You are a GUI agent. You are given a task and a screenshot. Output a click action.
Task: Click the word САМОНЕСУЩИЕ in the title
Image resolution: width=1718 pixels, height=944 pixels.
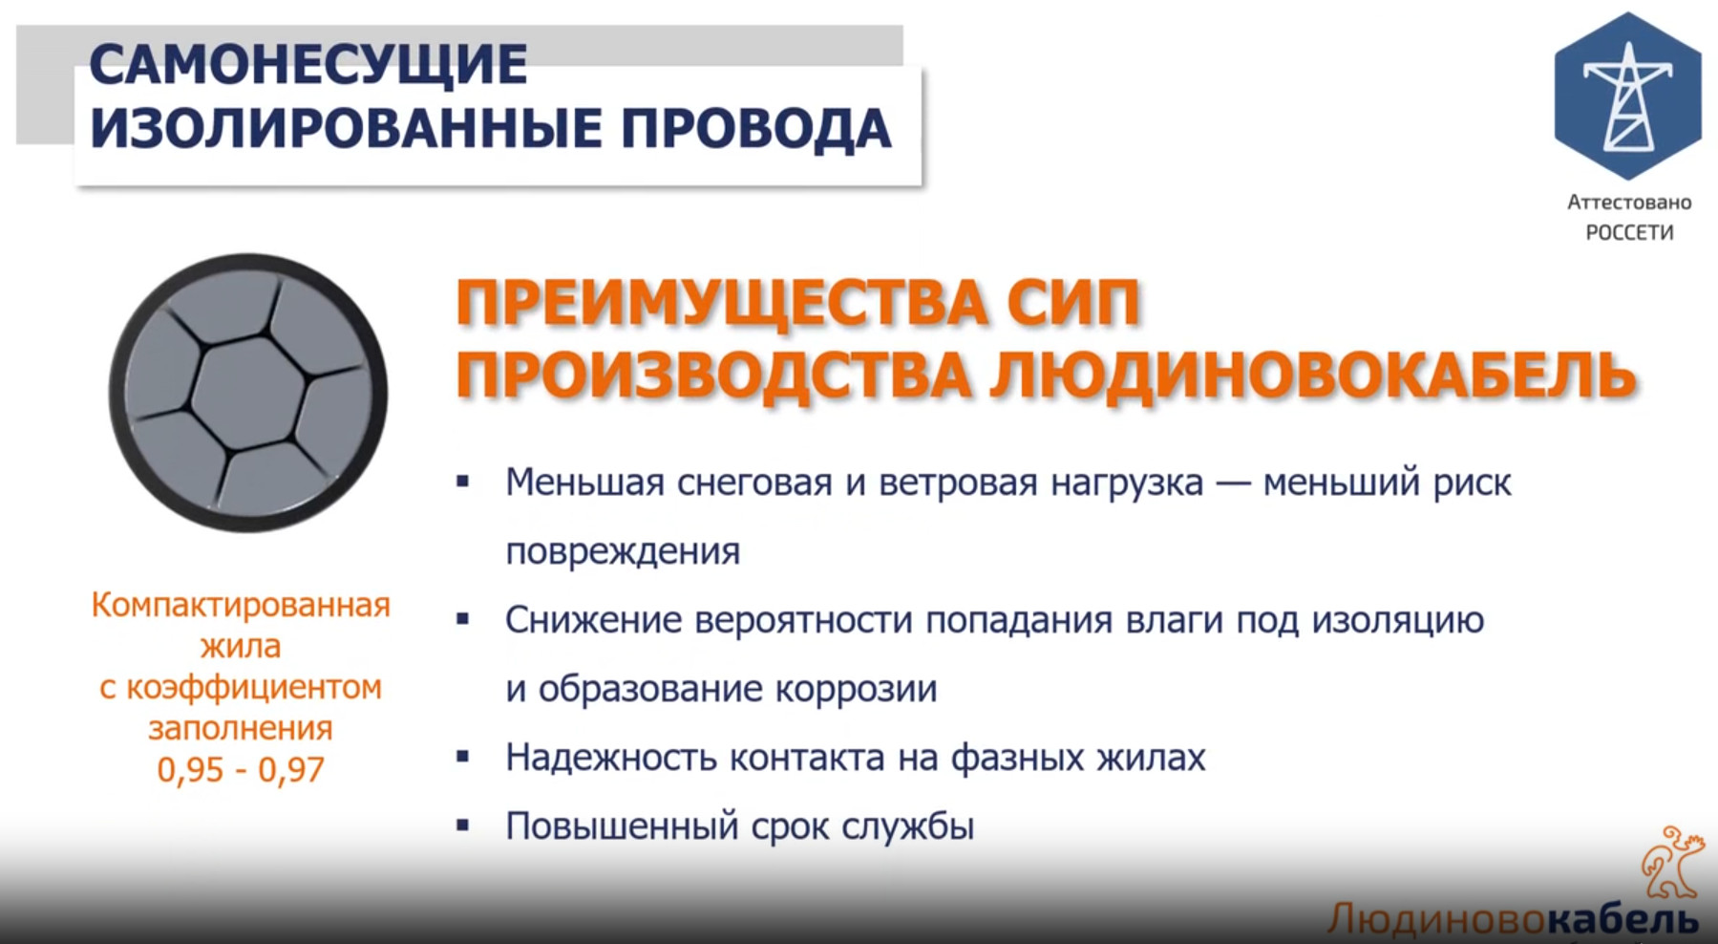308,65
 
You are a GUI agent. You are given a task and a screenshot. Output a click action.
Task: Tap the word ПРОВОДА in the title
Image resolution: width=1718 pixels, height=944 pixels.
756,129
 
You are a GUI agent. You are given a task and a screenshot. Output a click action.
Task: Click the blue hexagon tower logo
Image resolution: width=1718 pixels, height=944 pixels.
1627,96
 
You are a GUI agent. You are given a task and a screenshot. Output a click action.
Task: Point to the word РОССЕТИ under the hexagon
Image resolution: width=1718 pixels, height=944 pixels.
1629,233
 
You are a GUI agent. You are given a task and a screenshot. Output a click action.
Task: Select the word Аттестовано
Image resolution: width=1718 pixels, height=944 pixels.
1629,202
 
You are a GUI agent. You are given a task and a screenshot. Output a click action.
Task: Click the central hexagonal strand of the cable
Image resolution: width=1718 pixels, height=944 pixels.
247,392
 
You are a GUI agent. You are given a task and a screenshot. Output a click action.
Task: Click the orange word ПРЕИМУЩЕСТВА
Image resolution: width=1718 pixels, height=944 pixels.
722,304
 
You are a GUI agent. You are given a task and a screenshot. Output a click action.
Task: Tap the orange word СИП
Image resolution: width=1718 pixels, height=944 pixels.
1073,304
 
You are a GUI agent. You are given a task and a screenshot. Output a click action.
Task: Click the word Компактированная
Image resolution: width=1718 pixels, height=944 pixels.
241,606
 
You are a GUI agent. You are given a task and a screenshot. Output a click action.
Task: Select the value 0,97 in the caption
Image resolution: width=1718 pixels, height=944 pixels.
291,770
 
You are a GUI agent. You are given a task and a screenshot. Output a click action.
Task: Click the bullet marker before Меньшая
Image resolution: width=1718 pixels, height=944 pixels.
463,483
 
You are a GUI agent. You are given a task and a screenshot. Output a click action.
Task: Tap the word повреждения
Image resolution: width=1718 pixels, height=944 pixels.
623,552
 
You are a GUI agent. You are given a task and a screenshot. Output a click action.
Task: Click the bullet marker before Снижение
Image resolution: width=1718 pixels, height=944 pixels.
463,620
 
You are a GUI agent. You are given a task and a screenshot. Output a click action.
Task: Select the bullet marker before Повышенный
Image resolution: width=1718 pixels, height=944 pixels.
463,826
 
